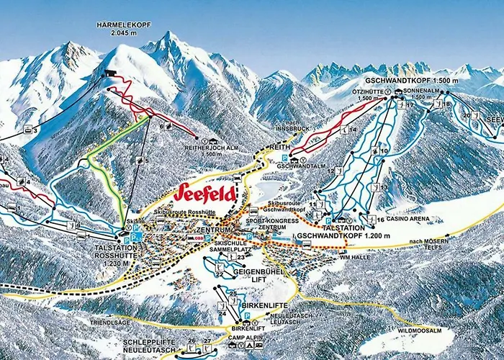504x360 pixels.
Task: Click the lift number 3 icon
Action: (30, 130)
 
